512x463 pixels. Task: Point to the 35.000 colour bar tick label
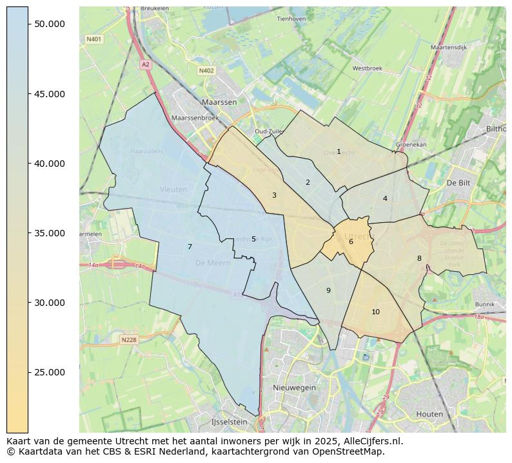[x=50, y=233]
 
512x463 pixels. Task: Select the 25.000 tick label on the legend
[x=50, y=372]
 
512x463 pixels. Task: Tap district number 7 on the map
[x=190, y=247]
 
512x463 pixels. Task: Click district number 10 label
[x=375, y=312]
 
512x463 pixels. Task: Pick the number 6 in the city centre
[x=351, y=242]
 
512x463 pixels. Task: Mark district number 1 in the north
[x=339, y=151]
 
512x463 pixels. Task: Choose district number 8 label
[x=419, y=259]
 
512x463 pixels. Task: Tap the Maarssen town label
[x=219, y=102]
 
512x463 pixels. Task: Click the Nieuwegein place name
[x=295, y=388]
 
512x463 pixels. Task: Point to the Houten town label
[x=429, y=414]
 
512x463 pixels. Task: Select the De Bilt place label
[x=460, y=183]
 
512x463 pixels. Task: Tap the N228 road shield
[x=129, y=339]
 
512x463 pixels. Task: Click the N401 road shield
[x=94, y=39]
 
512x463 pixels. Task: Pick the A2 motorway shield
[x=146, y=64]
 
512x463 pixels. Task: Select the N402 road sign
[x=206, y=71]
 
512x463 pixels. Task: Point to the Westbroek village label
[x=368, y=68]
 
